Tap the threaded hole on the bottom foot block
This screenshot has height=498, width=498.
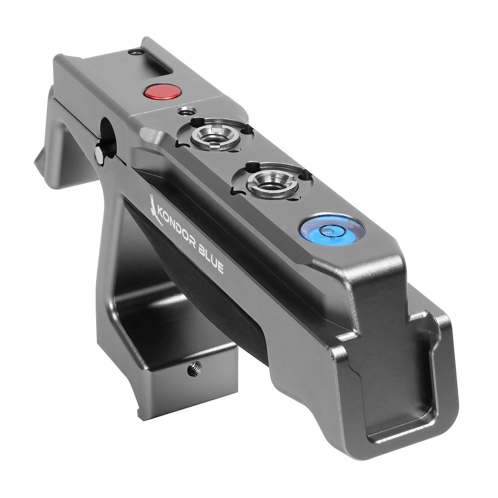tap(191, 371)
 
